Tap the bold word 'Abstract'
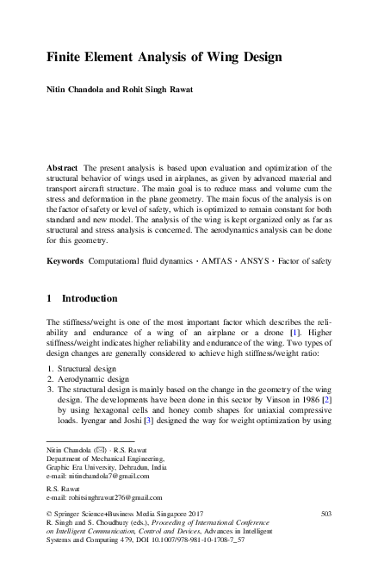[62, 165]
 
